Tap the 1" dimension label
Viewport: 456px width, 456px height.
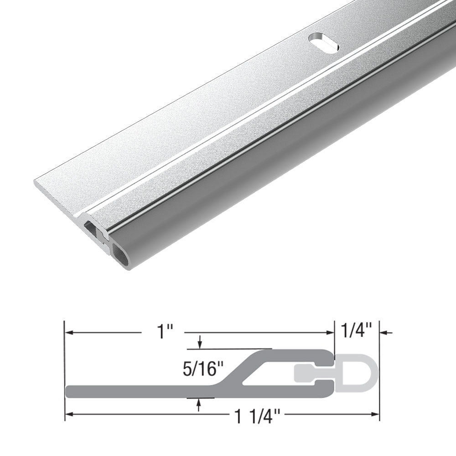point(162,332)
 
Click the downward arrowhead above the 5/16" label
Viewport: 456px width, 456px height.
point(200,344)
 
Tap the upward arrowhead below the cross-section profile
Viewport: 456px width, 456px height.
point(199,403)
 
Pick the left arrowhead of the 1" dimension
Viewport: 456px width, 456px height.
point(69,332)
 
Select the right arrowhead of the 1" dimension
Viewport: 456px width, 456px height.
point(330,332)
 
